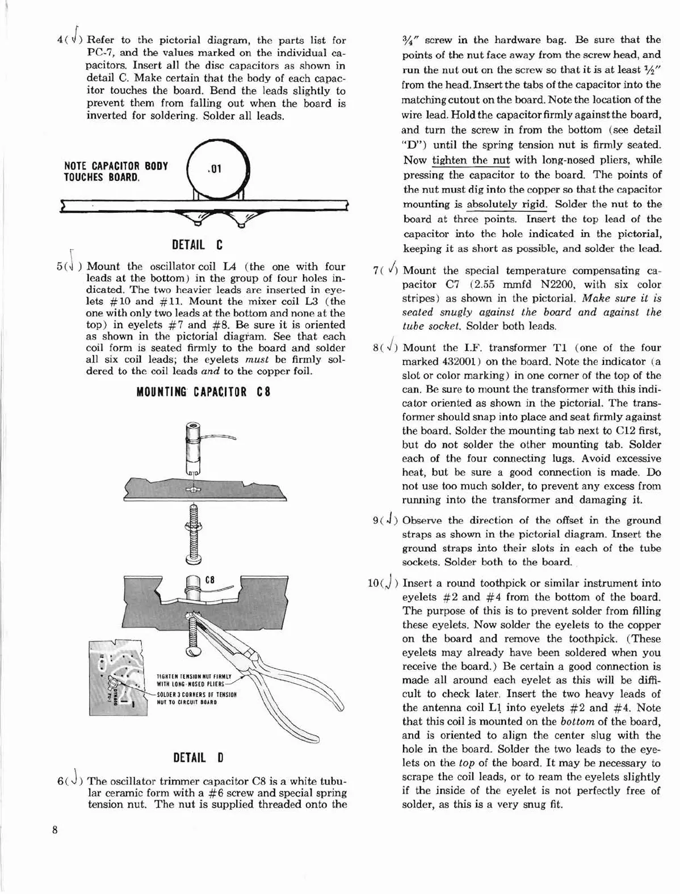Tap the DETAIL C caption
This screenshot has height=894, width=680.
(x=197, y=245)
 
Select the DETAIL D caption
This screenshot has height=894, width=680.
(x=198, y=757)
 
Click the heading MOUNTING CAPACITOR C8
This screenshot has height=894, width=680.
(x=203, y=392)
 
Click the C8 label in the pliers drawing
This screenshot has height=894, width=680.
(x=209, y=580)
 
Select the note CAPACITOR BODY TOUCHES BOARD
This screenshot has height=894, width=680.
(x=116, y=171)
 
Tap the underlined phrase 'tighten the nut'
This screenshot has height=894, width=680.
(x=471, y=160)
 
